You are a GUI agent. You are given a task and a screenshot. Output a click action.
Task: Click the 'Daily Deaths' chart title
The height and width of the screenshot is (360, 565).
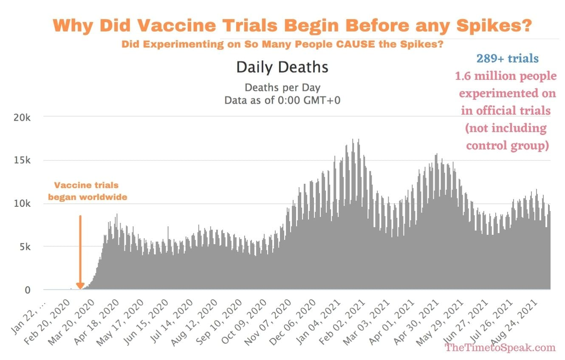click(x=282, y=67)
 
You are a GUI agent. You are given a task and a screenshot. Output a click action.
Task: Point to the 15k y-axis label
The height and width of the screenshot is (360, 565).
click(x=21, y=160)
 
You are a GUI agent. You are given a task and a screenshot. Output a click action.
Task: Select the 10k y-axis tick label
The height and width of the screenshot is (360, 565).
click(x=21, y=204)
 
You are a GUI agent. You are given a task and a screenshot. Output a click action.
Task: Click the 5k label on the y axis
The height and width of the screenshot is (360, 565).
click(x=24, y=247)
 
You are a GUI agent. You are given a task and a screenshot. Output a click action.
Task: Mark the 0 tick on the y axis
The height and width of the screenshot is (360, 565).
click(x=27, y=290)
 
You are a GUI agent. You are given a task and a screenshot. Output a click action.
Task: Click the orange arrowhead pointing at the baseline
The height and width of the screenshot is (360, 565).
click(x=80, y=286)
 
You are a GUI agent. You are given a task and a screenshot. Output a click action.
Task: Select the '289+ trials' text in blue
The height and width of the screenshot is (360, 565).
click(x=507, y=59)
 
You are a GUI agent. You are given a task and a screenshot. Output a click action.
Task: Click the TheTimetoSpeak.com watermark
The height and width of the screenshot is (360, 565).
click(x=500, y=347)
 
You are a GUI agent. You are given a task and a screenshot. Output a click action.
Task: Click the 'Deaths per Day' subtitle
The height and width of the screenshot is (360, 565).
click(x=282, y=88)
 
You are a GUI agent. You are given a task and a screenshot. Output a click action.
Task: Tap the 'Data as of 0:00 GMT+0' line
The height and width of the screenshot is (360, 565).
click(x=282, y=101)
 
